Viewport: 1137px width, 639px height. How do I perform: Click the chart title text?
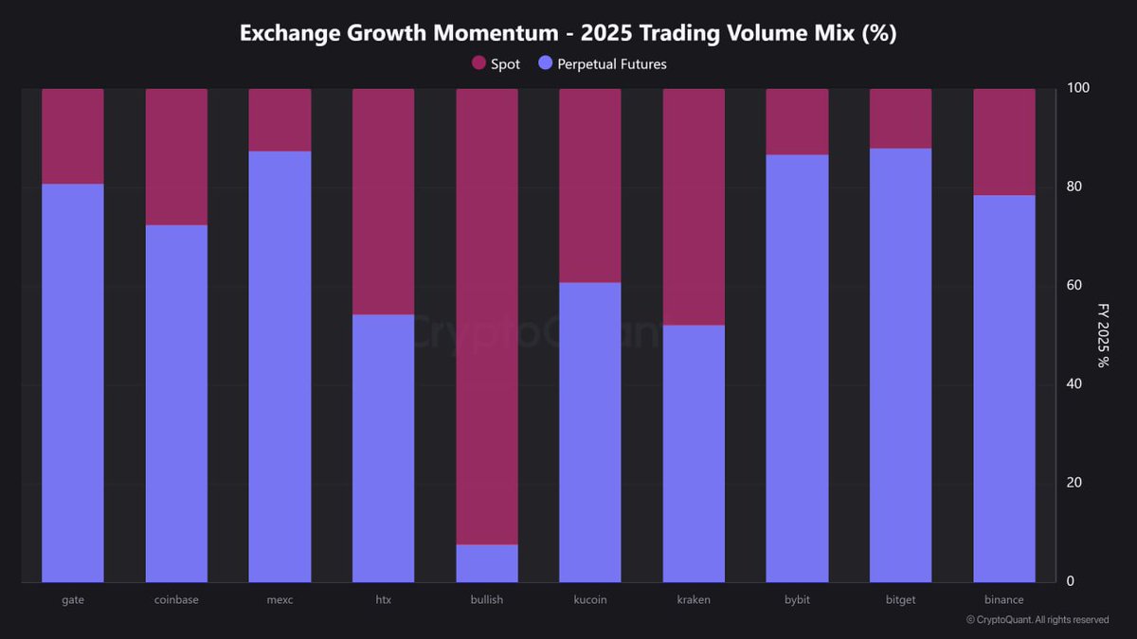pos(568,33)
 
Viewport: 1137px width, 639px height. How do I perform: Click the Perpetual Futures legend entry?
pos(603,64)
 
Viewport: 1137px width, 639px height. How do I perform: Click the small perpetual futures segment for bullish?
pos(487,563)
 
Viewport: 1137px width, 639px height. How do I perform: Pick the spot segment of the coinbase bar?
pos(176,156)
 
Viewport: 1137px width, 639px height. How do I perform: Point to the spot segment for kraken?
pos(694,206)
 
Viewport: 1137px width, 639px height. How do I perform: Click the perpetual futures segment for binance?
pos(1004,388)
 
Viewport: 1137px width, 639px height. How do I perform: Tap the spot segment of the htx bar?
pos(383,202)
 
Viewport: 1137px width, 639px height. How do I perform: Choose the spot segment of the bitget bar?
pos(900,118)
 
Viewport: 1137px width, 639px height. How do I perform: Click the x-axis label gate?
pos(73,600)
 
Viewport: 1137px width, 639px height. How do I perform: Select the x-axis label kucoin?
pos(590,600)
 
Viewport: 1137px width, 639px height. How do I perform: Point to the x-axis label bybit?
pos(797,600)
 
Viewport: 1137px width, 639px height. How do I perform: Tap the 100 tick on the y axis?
pos(1077,88)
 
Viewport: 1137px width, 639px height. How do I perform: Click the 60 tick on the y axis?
pos(1074,285)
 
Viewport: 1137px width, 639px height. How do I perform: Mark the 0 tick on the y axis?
pos(1071,581)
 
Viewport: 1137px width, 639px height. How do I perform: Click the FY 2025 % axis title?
pos(1103,335)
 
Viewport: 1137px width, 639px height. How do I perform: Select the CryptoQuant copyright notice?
pos(1037,620)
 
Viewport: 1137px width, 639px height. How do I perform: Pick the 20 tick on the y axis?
pos(1074,483)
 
